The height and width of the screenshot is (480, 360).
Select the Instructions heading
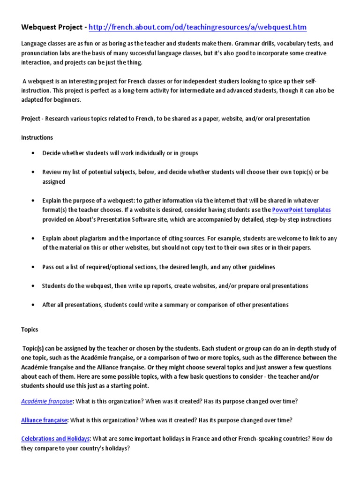coord(37,138)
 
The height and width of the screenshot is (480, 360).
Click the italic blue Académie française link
coord(47,401)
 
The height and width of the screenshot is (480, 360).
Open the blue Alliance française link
coord(45,420)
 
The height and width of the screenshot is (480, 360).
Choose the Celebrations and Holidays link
coord(55,439)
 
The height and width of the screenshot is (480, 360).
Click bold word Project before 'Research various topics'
coord(31,119)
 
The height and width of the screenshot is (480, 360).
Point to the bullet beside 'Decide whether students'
coord(32,153)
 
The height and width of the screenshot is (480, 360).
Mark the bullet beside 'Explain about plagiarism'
coord(32,239)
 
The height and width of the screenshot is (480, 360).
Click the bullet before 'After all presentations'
coord(32,305)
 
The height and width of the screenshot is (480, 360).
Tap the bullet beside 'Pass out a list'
coord(32,267)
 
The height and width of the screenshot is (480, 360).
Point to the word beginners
coord(67,100)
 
